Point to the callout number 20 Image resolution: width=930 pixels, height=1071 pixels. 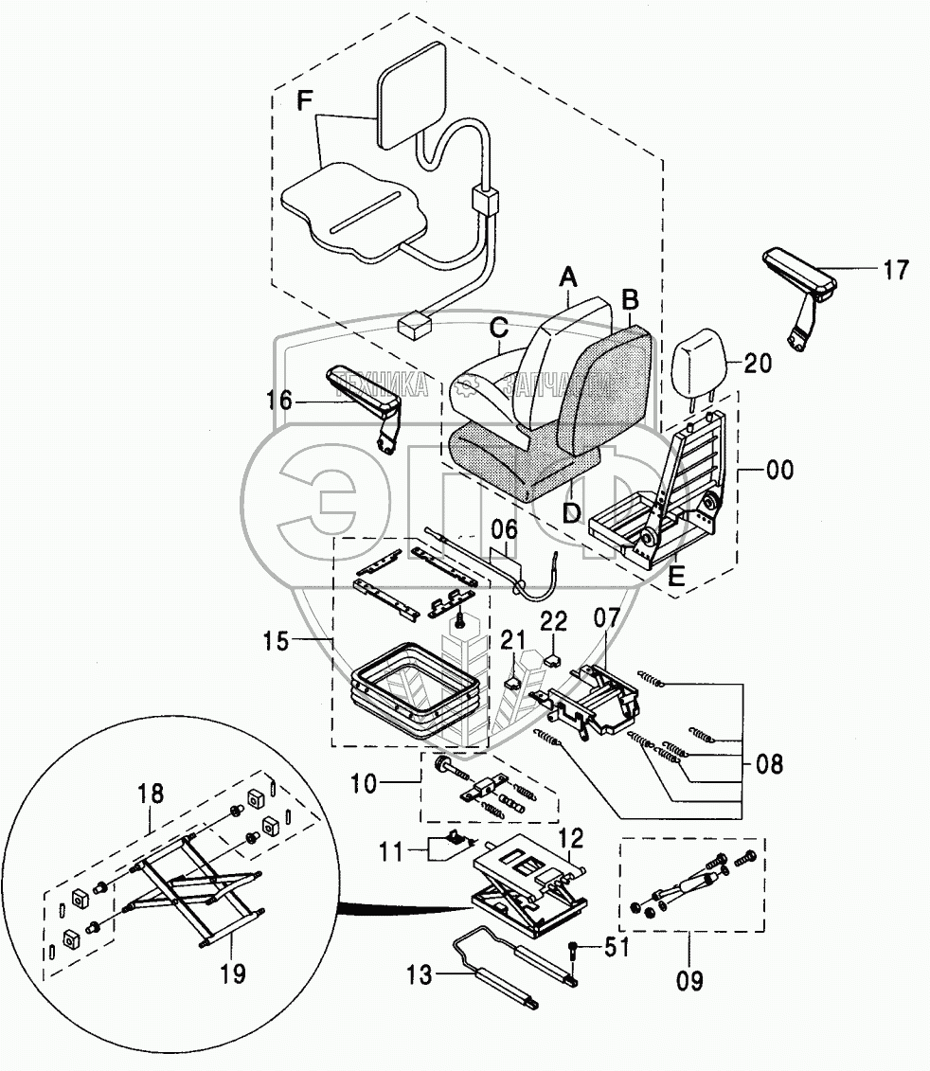coord(758,363)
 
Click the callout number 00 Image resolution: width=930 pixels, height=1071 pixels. coord(779,470)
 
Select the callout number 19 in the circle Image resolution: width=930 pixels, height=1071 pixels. coord(233,972)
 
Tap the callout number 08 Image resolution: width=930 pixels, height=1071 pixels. coord(770,763)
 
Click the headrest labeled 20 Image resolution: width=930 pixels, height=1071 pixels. coord(700,360)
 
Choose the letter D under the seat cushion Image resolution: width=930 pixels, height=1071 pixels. coord(570,514)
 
